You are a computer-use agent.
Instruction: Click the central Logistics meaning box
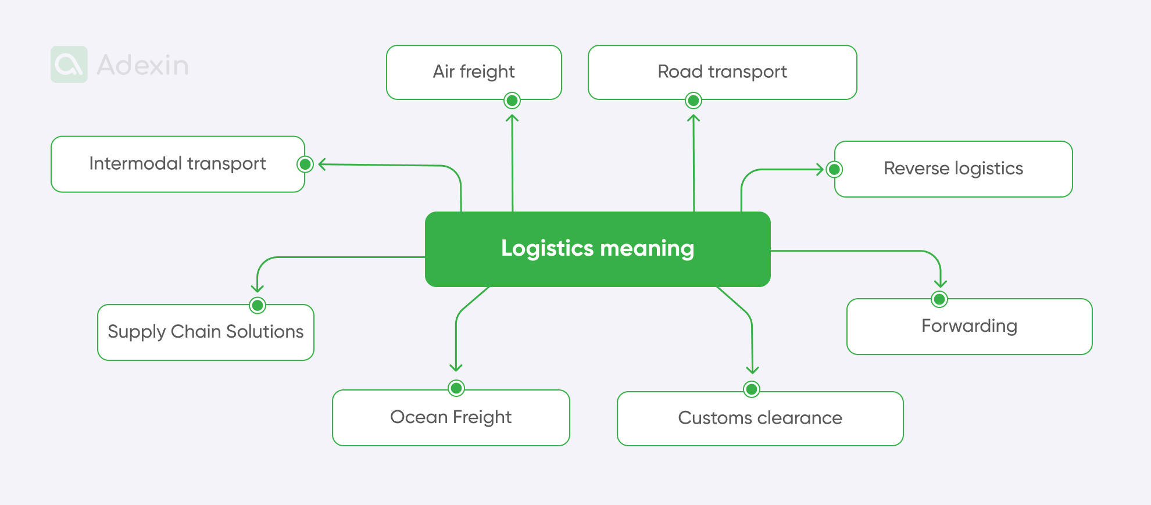click(598, 249)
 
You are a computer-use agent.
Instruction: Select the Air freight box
click(474, 71)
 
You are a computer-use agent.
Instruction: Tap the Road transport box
click(722, 71)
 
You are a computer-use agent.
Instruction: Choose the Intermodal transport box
click(177, 164)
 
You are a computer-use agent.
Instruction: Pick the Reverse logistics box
click(953, 169)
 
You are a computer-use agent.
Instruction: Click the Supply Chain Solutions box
click(206, 332)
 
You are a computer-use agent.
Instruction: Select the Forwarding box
click(969, 326)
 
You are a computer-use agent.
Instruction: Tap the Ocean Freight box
click(451, 417)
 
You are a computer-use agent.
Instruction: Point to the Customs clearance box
click(760, 418)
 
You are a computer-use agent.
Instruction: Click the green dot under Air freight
click(512, 101)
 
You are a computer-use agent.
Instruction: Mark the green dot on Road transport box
click(694, 101)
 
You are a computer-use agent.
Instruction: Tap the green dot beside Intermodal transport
click(305, 164)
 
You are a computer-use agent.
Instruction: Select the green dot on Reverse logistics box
click(835, 169)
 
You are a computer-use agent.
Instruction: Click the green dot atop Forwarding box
click(939, 299)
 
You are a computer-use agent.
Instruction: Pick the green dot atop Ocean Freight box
click(456, 388)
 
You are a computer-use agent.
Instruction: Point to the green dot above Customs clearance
click(752, 389)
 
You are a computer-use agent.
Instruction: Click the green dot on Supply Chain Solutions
click(258, 305)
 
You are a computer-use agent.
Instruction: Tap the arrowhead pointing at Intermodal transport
click(321, 164)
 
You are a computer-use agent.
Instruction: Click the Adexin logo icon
click(69, 65)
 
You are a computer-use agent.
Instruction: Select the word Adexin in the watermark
click(143, 65)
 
